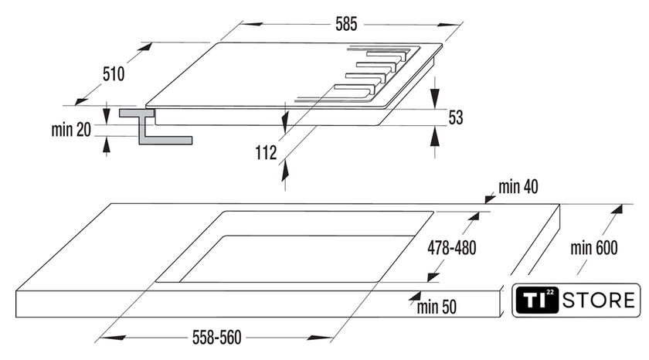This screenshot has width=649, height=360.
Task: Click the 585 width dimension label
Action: point(345,24)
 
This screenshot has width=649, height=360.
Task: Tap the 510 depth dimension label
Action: point(113,74)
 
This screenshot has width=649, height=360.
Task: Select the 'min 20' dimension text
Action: point(72,130)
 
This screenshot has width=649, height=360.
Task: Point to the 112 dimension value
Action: point(266,153)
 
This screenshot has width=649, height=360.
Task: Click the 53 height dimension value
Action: point(456,117)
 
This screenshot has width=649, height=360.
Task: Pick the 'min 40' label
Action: point(518,186)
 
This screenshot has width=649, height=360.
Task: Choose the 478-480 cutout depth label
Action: point(452,248)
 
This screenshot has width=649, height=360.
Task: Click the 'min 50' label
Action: point(437,307)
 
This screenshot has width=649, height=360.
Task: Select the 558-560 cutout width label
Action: point(216,337)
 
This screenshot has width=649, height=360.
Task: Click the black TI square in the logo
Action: point(538,300)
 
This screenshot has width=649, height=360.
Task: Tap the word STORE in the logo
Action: point(603,301)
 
